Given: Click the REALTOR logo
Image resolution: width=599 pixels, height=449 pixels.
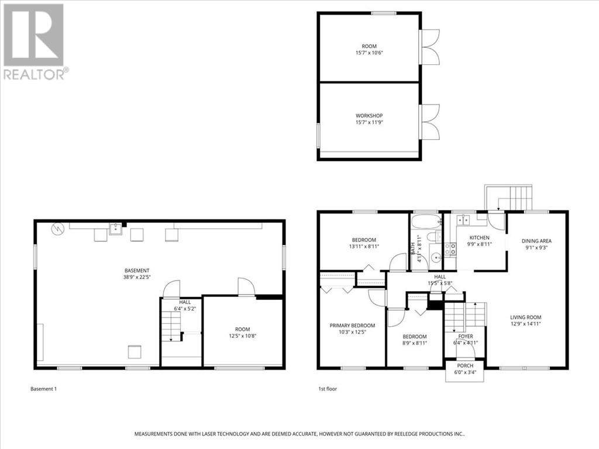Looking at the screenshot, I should pyautogui.click(x=34, y=41).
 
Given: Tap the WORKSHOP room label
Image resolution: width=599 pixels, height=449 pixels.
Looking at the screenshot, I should pyautogui.click(x=369, y=116).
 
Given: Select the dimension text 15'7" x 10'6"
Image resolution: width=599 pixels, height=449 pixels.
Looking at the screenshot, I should pyautogui.click(x=369, y=53).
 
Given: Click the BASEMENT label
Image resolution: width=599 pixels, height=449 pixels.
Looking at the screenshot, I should pyautogui.click(x=137, y=271).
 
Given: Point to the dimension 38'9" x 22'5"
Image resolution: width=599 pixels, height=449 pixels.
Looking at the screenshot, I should pyautogui.click(x=137, y=278).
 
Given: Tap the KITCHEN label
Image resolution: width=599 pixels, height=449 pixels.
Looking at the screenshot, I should pyautogui.click(x=479, y=237).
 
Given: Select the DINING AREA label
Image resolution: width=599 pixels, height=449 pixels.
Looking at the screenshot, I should pyautogui.click(x=536, y=240).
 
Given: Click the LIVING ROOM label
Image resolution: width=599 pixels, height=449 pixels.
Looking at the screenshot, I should pyautogui.click(x=525, y=317).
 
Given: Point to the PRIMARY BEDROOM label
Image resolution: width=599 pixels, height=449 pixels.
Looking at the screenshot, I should pyautogui.click(x=352, y=326).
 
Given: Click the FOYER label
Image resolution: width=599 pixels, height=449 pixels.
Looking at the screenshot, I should pyautogui.click(x=466, y=337).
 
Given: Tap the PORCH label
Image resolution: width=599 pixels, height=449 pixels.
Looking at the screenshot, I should pyautogui.click(x=465, y=365).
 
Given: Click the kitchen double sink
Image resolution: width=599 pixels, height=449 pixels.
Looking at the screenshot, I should pyautogui.click(x=462, y=220).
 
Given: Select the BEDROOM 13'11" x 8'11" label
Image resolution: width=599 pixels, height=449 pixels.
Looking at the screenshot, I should pyautogui.click(x=364, y=240).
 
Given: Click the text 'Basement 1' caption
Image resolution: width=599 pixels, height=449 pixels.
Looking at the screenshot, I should pyautogui.click(x=43, y=389).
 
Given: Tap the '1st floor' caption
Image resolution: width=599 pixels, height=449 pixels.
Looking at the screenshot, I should pyautogui.click(x=327, y=389).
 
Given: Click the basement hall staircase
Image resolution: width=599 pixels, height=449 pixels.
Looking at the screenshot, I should pyautogui.click(x=170, y=325).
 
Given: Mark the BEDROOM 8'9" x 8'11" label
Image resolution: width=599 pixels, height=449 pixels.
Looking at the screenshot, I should pyautogui.click(x=415, y=337).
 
